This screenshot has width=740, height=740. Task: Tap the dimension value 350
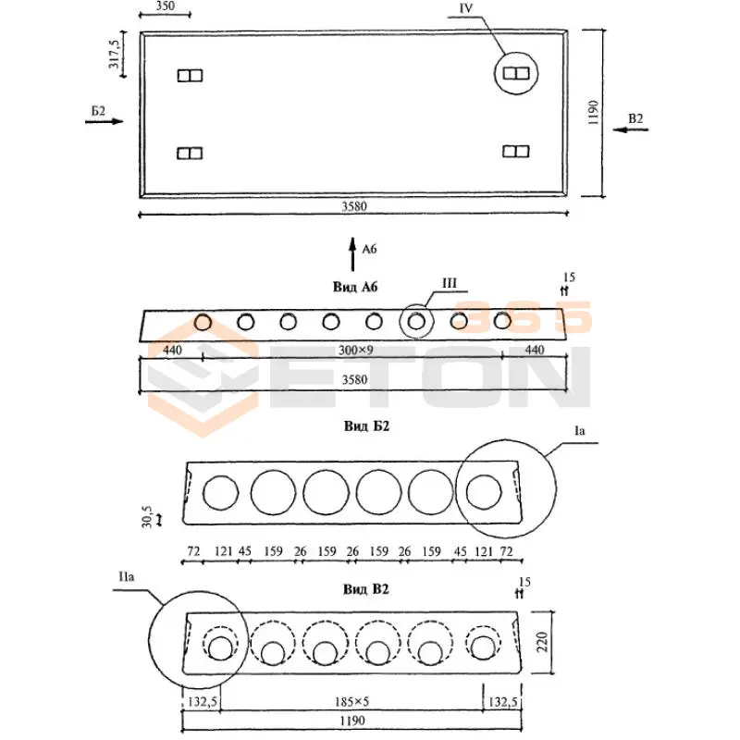coord(164,6)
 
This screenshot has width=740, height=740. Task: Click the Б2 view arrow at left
coord(103,120)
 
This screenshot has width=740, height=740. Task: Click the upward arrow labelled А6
coord(352,253)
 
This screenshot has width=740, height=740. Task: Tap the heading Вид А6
coord(356,288)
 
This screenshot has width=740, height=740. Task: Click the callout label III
coord(450,283)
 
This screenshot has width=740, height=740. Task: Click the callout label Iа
coord(581,431)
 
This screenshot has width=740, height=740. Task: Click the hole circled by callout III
coord(416,321)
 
